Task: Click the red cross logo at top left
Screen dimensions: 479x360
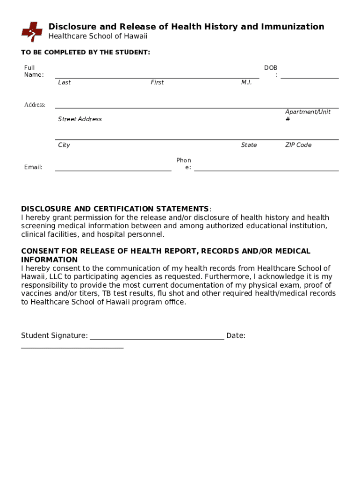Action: [x=32, y=31]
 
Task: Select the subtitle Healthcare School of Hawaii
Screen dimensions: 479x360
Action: [x=98, y=36]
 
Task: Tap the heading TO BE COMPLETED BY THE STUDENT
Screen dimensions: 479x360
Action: [x=86, y=52]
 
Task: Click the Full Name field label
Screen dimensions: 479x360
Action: [x=34, y=71]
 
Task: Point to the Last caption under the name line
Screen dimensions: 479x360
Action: [x=65, y=82]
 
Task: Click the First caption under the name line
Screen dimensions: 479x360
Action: [x=157, y=82]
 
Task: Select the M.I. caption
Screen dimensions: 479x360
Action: [x=246, y=82]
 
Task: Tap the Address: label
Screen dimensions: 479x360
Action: [x=35, y=105]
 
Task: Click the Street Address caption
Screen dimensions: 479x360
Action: [x=80, y=119]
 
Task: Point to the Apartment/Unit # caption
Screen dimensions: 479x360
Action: [x=308, y=116]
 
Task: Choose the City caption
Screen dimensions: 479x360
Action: [x=64, y=145]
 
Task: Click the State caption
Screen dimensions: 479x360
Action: [x=249, y=145]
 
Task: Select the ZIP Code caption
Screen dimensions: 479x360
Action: [x=298, y=145]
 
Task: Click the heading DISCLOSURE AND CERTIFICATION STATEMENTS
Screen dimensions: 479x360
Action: [x=115, y=209]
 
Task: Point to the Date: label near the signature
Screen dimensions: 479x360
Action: [x=236, y=335]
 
